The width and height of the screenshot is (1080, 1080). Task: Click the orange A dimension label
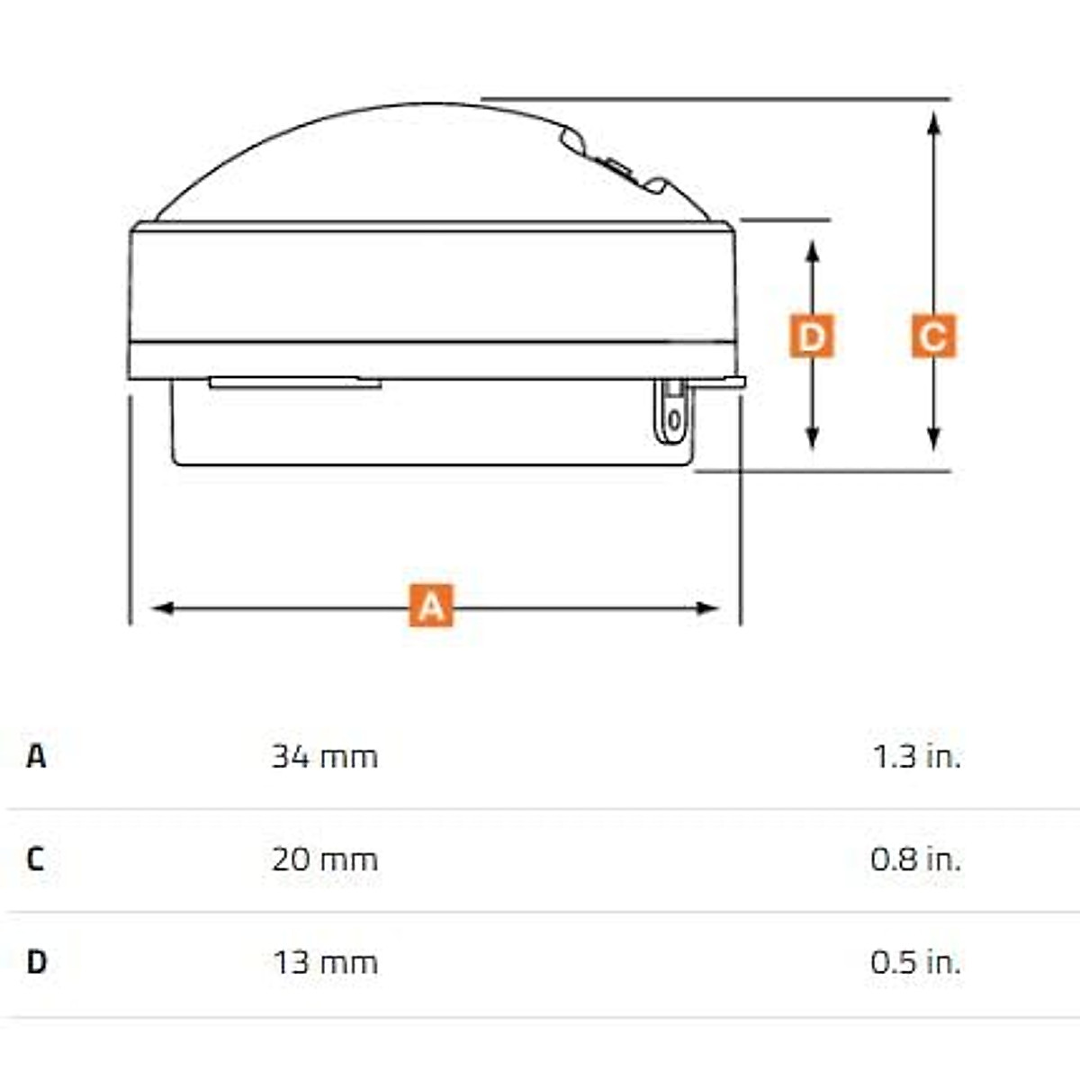[430, 606]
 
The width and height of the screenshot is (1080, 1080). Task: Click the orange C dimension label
[933, 337]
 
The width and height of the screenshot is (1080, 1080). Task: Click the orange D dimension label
[812, 337]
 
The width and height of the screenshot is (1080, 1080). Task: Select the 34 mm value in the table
[325, 757]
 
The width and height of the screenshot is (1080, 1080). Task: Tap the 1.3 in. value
[917, 757]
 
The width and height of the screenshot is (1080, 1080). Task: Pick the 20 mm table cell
[325, 859]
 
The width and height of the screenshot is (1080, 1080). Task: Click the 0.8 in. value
[916, 859]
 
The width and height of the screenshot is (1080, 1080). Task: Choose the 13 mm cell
[326, 963]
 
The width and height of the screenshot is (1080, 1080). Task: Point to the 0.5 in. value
[916, 963]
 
